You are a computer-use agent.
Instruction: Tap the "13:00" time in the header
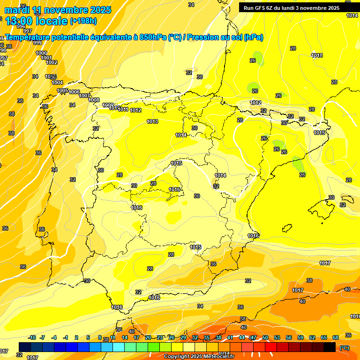coord(18,21)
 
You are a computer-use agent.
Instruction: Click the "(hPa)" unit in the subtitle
coord(253,37)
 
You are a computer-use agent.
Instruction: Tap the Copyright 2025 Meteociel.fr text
coord(199,357)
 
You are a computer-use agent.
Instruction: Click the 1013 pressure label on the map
coord(152,121)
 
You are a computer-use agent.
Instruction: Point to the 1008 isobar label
coord(94,100)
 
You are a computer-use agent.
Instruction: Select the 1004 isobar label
coord(57,82)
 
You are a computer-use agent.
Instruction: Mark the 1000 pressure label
coord(41,53)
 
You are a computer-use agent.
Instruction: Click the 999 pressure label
coord(37,43)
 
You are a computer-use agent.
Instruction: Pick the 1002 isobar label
coord(52,62)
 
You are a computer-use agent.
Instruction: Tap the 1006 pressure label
coord(74,92)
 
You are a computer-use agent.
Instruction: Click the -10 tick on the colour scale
coord(32,337)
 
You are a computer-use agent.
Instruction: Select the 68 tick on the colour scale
coord(336,337)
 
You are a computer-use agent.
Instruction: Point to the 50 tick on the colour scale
coord(265,337)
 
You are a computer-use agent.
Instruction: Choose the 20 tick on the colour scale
coord(148,337)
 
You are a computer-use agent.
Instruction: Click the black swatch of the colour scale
coord(330,347)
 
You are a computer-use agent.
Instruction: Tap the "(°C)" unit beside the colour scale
coord(345,347)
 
